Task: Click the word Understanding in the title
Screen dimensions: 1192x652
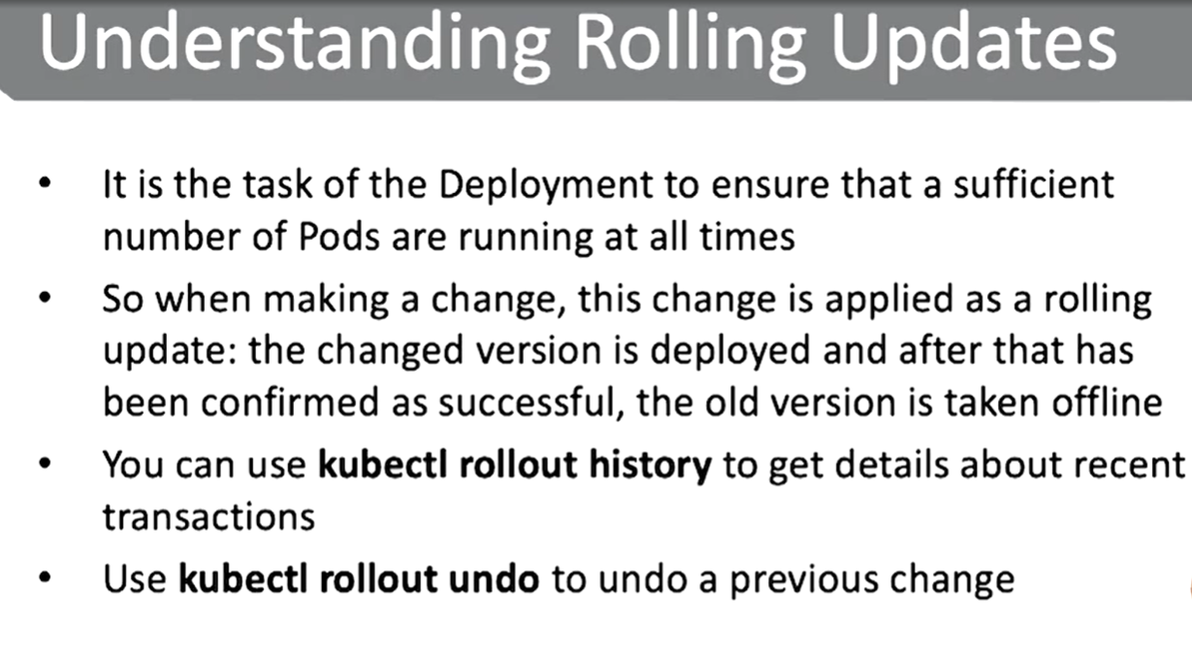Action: (x=295, y=45)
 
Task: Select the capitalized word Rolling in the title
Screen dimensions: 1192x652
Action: (x=690, y=45)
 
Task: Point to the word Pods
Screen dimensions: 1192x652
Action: (x=339, y=237)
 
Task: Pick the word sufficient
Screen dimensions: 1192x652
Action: (x=1033, y=183)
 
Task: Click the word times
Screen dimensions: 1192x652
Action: (x=747, y=237)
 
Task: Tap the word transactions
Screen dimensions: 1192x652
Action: (x=209, y=517)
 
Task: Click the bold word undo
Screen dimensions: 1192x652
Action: (x=494, y=579)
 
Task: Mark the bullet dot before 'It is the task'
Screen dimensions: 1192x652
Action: (x=46, y=182)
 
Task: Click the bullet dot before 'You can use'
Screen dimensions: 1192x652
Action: (x=46, y=463)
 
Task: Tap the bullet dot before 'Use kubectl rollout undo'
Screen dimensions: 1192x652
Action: (x=46, y=577)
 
